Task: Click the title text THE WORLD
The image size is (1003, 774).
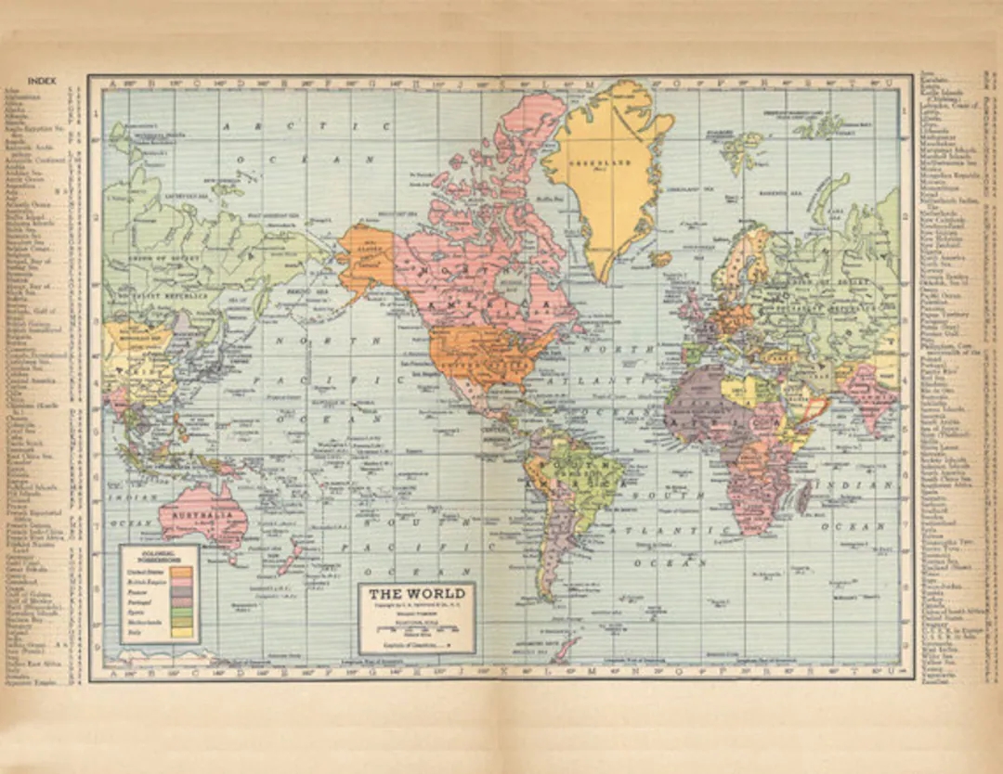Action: (416, 594)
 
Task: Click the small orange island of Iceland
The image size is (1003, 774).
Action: (661, 259)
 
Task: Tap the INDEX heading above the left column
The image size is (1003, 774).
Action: (42, 82)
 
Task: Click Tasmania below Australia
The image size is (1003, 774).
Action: (232, 558)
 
